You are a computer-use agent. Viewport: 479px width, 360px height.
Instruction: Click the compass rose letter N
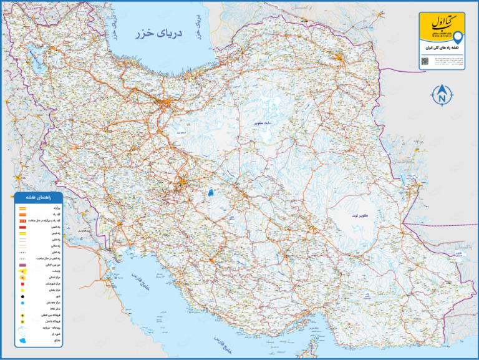click(442, 96)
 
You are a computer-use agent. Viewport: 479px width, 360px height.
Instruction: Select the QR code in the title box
click(425, 61)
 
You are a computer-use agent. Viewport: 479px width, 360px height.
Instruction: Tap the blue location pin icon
click(458, 37)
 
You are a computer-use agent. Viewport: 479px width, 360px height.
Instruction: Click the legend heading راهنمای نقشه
click(42, 197)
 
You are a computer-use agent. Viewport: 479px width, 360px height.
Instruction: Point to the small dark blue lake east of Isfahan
click(212, 193)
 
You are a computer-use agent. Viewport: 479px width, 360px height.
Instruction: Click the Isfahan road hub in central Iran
click(182, 183)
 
